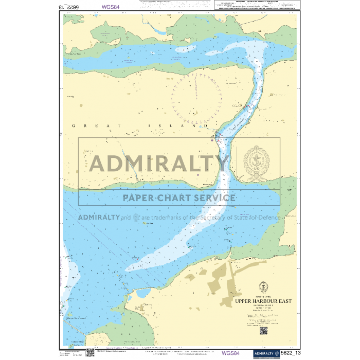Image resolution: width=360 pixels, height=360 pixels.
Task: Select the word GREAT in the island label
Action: click(81, 125)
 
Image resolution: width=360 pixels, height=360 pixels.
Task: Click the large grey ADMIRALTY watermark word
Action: click(159, 164)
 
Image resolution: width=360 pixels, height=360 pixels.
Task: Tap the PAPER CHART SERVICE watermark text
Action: click(178, 197)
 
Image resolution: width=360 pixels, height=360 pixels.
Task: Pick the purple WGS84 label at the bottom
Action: click(230, 353)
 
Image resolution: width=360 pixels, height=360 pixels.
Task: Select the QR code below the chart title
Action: click(263, 330)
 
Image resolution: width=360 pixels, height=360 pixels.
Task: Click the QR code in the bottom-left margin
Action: click(90, 352)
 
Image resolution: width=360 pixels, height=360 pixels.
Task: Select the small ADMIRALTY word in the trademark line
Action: click(99, 217)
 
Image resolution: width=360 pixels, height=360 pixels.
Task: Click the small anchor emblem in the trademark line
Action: click(136, 217)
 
